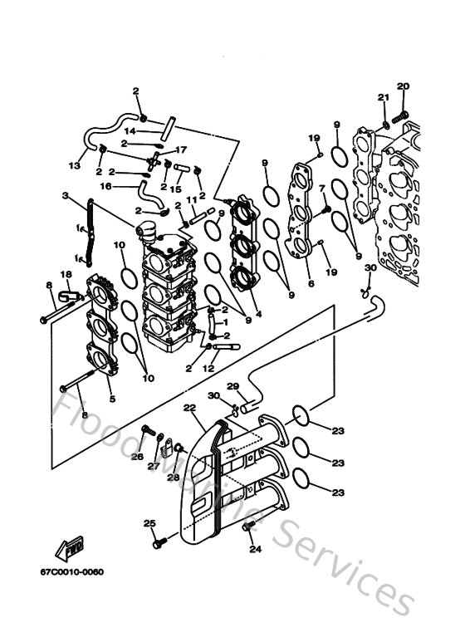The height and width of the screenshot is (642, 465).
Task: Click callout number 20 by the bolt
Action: point(403,86)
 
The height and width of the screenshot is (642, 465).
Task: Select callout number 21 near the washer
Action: point(384,98)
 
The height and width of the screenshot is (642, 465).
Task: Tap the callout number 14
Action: point(130,131)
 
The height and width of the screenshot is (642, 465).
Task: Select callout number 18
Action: point(66,273)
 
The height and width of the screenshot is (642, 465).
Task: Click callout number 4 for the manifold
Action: point(258,315)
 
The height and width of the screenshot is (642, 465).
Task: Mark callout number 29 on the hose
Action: point(233,385)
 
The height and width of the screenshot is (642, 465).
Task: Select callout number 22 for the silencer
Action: point(189,408)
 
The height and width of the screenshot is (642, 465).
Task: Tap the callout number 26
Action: point(138,456)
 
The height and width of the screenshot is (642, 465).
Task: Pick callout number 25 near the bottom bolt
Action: point(149,522)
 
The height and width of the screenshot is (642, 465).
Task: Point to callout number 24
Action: point(255,549)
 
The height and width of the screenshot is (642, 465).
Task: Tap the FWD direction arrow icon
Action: point(69,549)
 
